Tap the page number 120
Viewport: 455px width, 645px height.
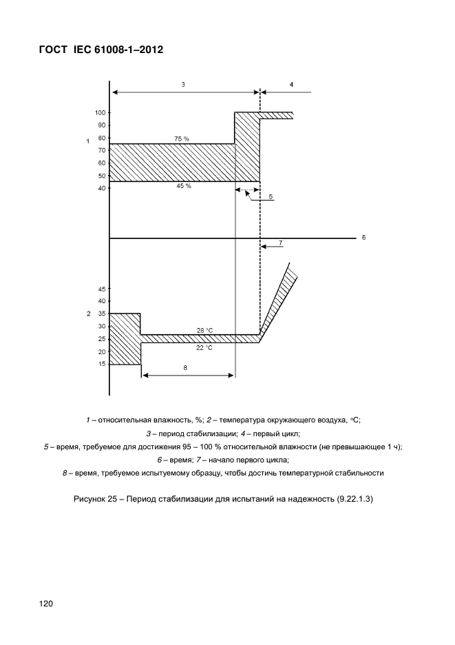(46, 604)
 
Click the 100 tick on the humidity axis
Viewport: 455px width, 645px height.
(100, 112)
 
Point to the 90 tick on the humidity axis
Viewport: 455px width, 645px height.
(101, 125)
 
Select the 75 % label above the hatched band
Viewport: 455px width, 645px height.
(182, 139)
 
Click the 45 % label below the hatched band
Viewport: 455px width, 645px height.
(183, 185)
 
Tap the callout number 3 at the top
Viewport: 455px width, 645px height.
(183, 84)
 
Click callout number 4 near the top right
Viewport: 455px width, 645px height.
(291, 84)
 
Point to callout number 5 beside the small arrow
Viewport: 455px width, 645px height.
(271, 197)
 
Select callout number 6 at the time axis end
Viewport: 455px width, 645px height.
(363, 237)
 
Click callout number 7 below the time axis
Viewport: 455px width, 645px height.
(280, 243)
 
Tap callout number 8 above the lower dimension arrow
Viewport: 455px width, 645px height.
(185, 368)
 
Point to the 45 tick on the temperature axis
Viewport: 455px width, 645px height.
(101, 289)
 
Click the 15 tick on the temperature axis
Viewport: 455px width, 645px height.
(101, 364)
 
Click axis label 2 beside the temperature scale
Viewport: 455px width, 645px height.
(88, 314)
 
